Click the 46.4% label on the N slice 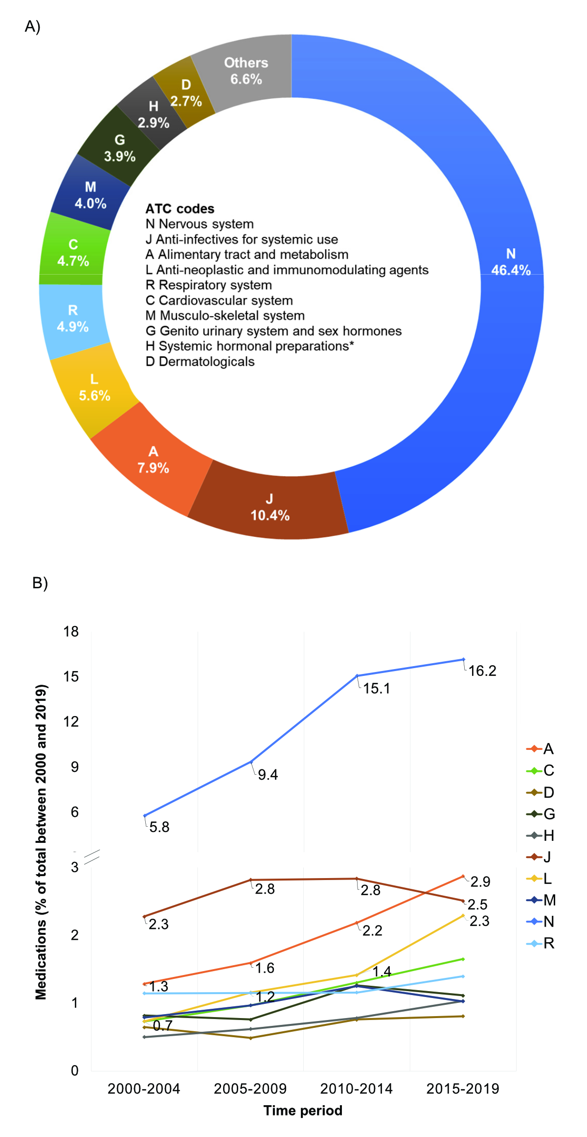click(x=511, y=270)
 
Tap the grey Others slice click(x=246, y=70)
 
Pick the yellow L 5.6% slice click(x=94, y=388)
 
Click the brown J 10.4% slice click(x=270, y=508)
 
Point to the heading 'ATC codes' click(x=180, y=209)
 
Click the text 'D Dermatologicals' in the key click(x=200, y=362)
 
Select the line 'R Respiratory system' click(x=209, y=285)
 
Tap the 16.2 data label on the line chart click(x=482, y=671)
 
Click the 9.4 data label click(x=268, y=775)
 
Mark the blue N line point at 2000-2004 click(x=145, y=815)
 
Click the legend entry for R click(x=541, y=943)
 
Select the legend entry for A click(x=541, y=749)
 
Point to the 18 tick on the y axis click(x=71, y=632)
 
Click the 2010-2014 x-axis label click(x=356, y=1089)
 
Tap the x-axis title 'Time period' click(x=303, y=1111)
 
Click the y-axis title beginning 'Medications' click(x=41, y=842)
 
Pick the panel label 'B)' click(x=40, y=583)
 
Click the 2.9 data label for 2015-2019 click(x=480, y=882)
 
